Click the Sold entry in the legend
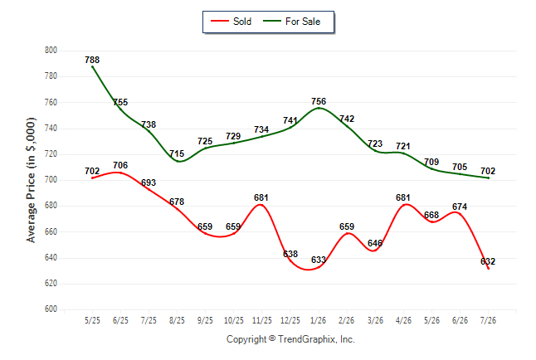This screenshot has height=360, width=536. click(231, 22)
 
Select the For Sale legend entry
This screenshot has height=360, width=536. click(291, 22)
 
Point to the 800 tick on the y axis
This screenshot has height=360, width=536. click(51, 51)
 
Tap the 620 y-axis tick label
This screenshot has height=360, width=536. click(51, 284)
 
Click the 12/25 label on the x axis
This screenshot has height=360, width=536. click(290, 320)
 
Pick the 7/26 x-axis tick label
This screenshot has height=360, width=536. click(488, 320)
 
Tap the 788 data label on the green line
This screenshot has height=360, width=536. click(92, 60)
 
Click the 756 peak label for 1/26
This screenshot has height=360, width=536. click(319, 101)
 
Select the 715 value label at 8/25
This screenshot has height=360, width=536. click(177, 153)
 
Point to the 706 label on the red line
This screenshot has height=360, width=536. click(120, 165)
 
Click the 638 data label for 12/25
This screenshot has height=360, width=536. click(290, 254)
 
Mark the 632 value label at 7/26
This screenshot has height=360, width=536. click(488, 261)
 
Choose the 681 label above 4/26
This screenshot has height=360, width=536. click(403, 197)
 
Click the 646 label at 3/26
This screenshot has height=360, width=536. click(375, 243)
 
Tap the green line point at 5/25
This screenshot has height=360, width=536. click(92, 66)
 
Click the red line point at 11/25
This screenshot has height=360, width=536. click(261, 205)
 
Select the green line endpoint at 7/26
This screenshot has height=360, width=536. click(488, 178)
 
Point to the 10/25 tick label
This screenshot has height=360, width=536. click(233, 320)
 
